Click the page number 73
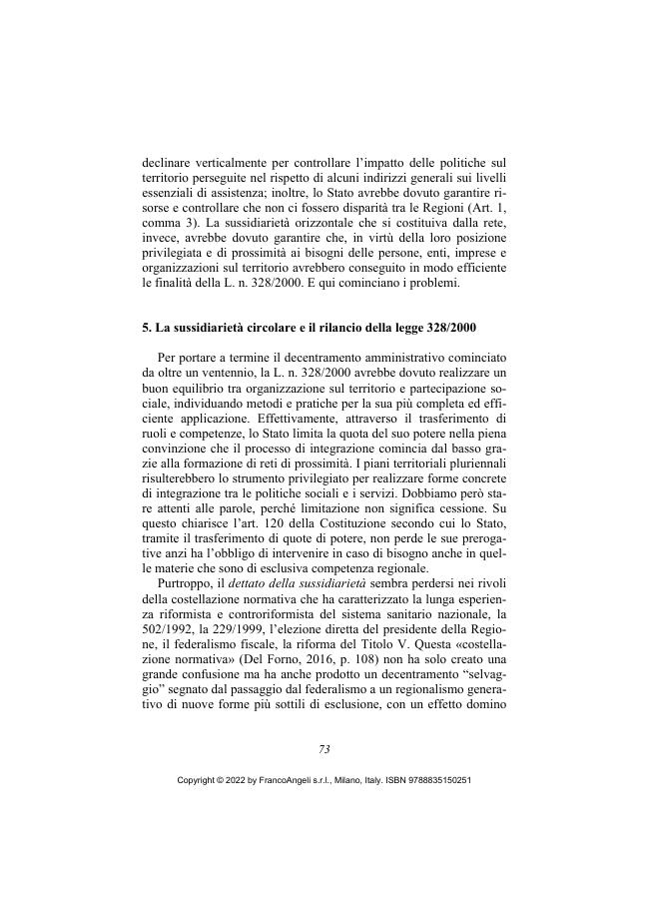point(324,749)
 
